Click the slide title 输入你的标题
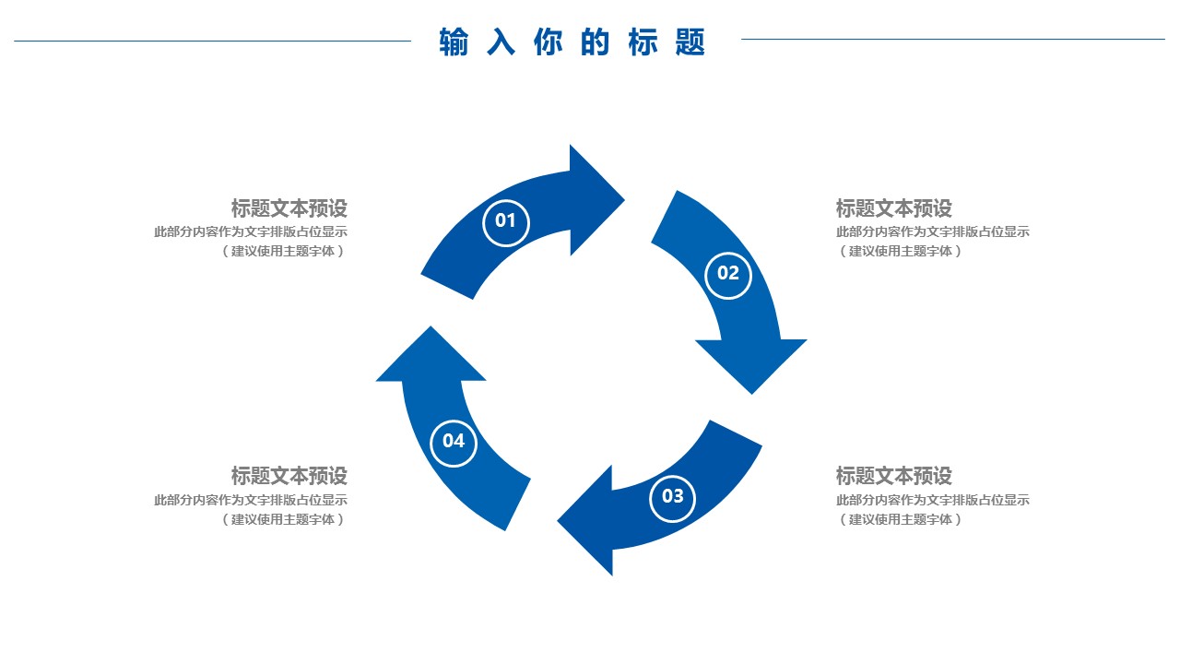click(x=572, y=42)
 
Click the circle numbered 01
click(x=506, y=221)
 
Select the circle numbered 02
click(x=728, y=274)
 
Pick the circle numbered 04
click(x=454, y=442)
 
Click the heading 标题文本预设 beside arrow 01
click(x=289, y=208)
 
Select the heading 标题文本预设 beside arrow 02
click(x=893, y=208)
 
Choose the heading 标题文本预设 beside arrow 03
click(x=893, y=476)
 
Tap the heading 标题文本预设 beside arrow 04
click(x=289, y=476)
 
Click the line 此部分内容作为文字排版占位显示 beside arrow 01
click(x=251, y=232)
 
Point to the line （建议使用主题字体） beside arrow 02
click(x=900, y=251)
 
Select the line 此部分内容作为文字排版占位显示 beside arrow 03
click(x=932, y=500)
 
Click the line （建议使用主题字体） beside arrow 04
click(x=283, y=519)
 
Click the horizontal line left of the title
click(x=212, y=41)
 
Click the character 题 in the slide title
click(x=690, y=42)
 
